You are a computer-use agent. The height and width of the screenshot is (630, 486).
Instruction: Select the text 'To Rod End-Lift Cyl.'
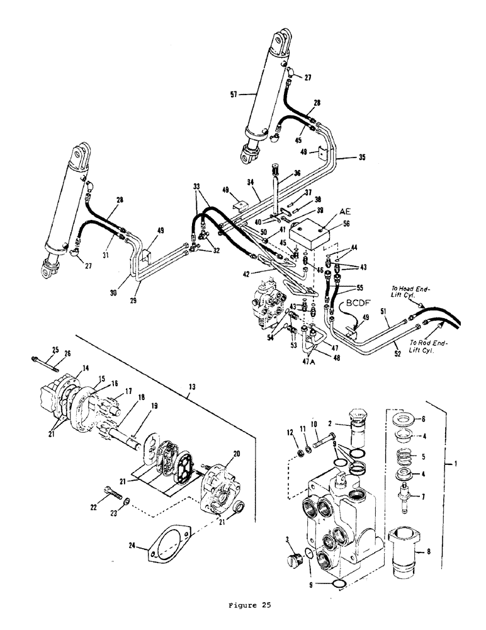[x=429, y=348]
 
